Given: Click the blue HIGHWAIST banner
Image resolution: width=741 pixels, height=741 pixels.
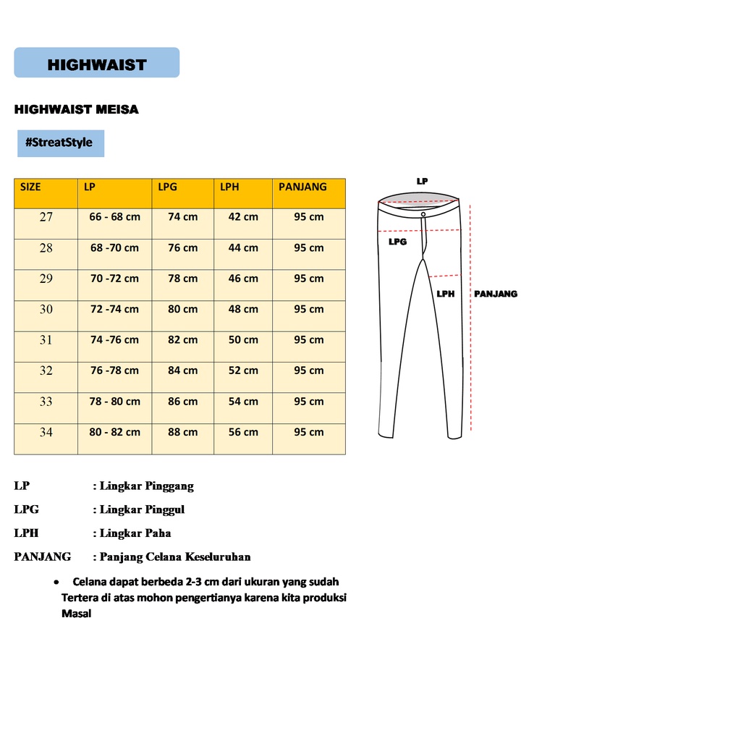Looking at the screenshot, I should pyautogui.click(x=97, y=63).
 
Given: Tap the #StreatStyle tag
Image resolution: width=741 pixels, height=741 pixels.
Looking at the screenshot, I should pyautogui.click(x=60, y=143).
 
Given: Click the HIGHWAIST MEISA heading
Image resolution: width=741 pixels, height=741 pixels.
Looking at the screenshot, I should pyautogui.click(x=76, y=110).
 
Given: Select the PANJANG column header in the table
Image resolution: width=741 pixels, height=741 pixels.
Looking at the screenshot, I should pyautogui.click(x=302, y=187).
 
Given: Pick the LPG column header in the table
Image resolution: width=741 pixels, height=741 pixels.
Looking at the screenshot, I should pyautogui.click(x=167, y=187).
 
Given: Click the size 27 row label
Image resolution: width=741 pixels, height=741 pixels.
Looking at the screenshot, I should pyautogui.click(x=46, y=217).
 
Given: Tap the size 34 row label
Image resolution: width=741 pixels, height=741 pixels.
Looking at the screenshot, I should pyautogui.click(x=46, y=432).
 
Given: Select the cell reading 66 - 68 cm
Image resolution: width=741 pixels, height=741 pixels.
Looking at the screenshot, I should pyautogui.click(x=115, y=217).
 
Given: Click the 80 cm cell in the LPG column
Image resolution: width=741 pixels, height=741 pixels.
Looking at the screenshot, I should pyautogui.click(x=182, y=309).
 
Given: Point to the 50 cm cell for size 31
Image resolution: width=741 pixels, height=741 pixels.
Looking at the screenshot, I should pyautogui.click(x=243, y=340).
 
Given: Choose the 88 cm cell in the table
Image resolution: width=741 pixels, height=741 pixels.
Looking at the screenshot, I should pyautogui.click(x=182, y=432).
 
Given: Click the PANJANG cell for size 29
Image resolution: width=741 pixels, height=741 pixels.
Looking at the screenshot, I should pyautogui.click(x=308, y=279).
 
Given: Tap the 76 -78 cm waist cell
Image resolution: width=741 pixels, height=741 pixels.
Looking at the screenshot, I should pyautogui.click(x=114, y=370).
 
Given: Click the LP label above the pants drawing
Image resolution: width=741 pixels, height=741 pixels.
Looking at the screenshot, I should pyautogui.click(x=422, y=182).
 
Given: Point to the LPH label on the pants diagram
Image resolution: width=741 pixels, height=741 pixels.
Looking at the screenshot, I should pyautogui.click(x=445, y=294).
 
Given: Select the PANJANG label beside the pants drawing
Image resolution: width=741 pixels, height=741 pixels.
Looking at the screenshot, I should pyautogui.click(x=496, y=294).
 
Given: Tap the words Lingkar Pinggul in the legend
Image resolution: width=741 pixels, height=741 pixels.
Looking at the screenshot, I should pyautogui.click(x=142, y=509).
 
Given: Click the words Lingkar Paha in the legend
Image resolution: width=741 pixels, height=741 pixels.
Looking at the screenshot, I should pyautogui.click(x=135, y=533).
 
